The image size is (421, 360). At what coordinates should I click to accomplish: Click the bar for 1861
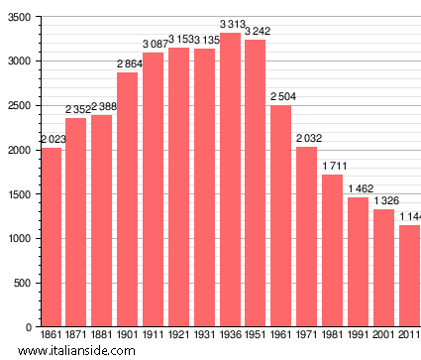(x=52, y=237)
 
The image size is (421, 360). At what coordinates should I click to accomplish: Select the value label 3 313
(x=231, y=25)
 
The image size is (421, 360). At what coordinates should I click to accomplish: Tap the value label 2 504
(x=282, y=96)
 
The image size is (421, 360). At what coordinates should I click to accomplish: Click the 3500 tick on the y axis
(x=17, y=17)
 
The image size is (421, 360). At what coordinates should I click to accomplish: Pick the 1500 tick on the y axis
(x=17, y=194)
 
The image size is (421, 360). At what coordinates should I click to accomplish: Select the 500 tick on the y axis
(x=20, y=283)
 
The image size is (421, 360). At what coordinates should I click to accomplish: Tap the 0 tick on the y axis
(x=28, y=327)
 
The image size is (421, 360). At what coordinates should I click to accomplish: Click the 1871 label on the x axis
(x=77, y=336)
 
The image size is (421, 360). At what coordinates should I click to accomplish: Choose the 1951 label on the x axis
(x=256, y=336)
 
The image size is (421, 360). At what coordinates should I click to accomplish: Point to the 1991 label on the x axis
(x=359, y=336)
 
